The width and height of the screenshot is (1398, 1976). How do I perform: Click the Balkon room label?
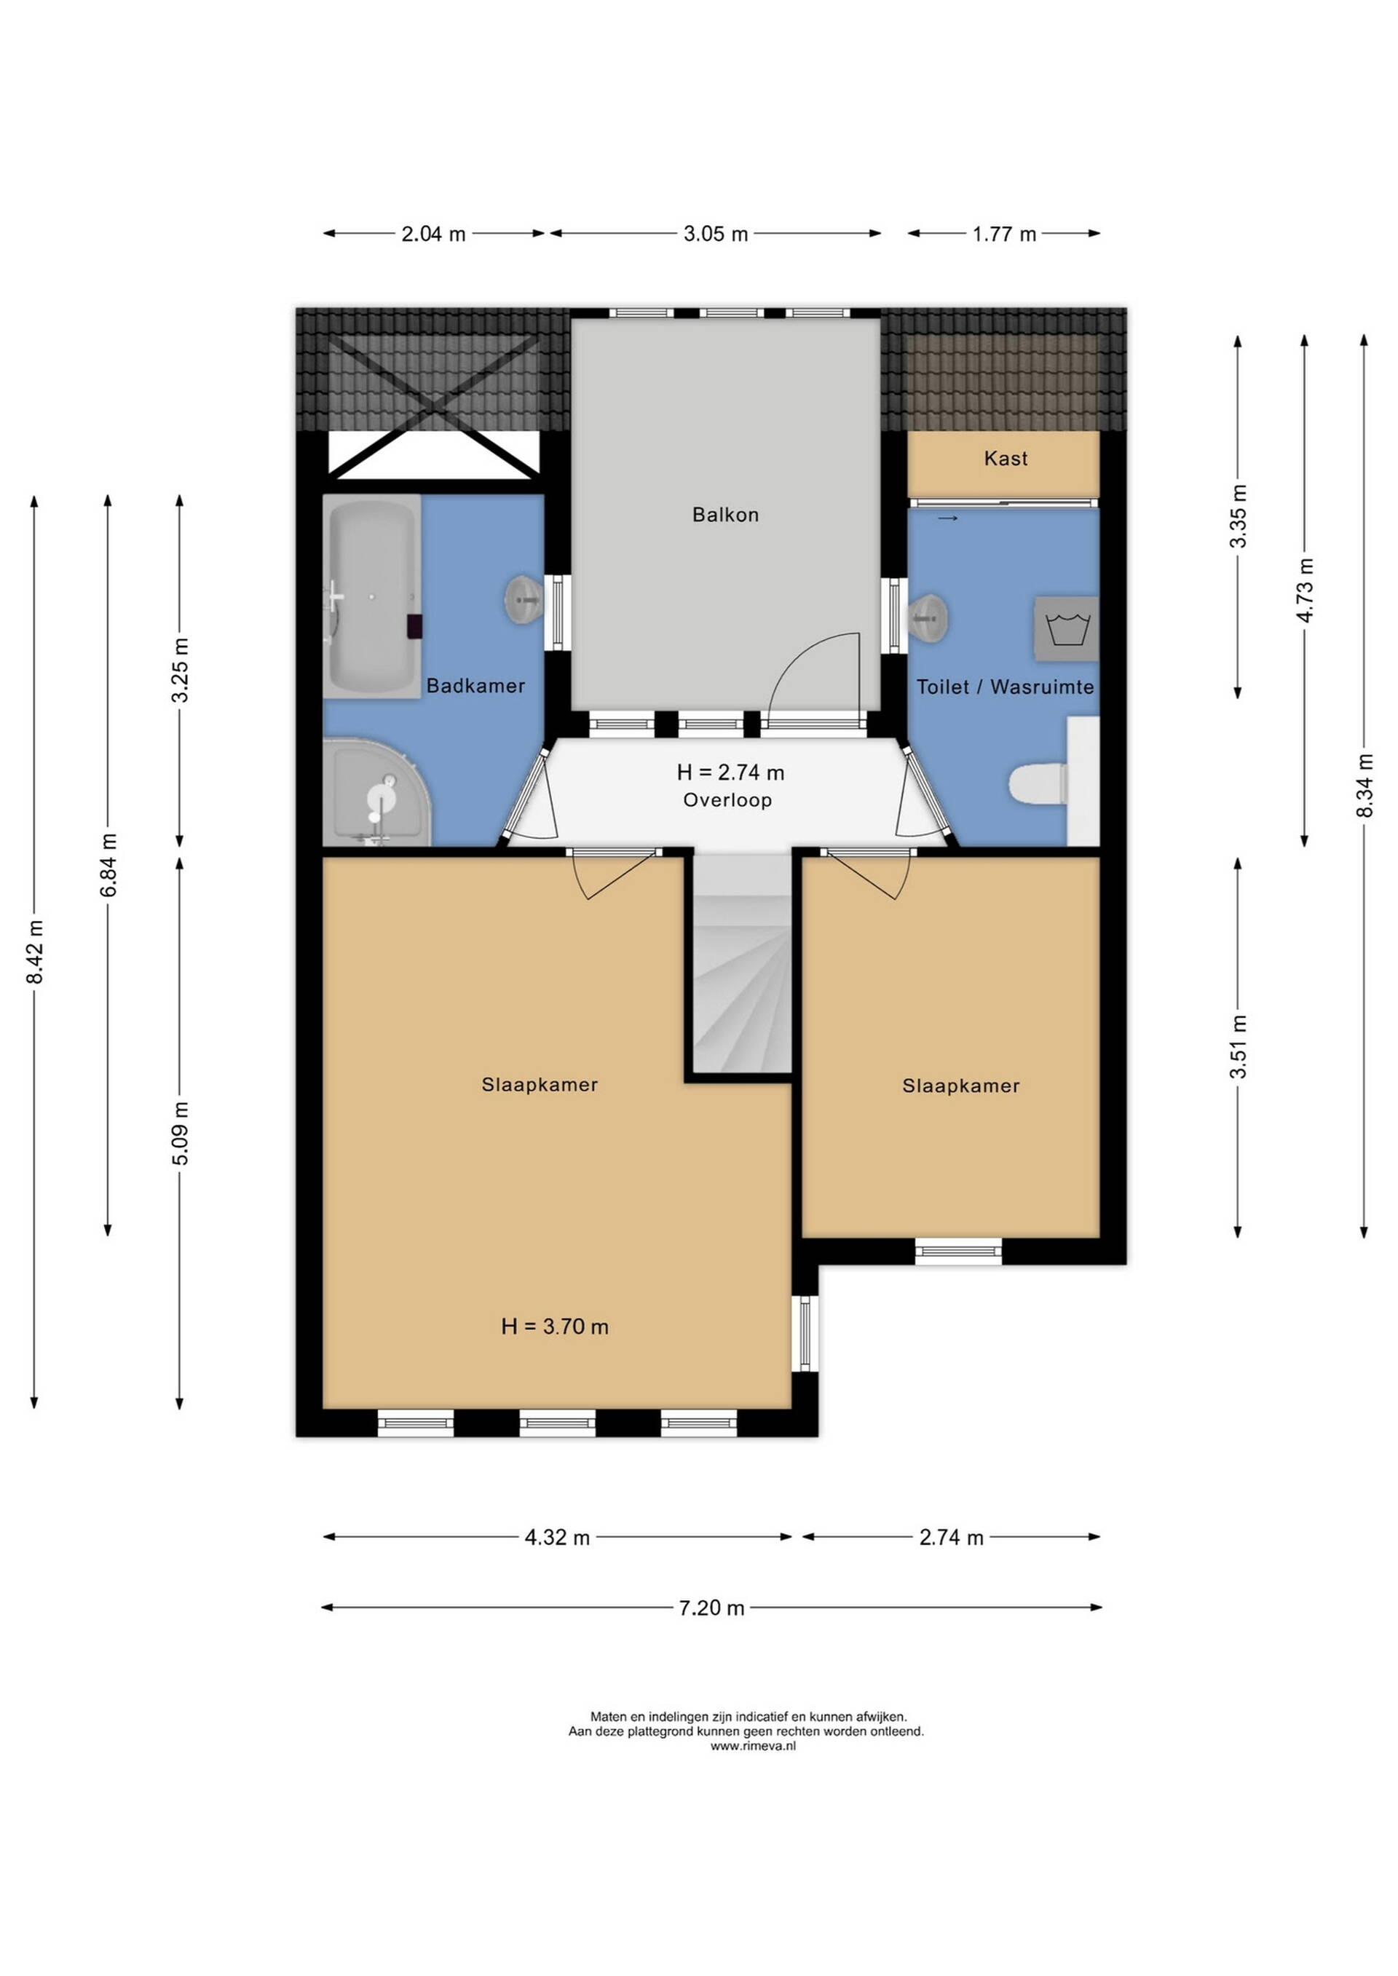click(726, 515)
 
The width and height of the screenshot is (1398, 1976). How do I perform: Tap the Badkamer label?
click(476, 686)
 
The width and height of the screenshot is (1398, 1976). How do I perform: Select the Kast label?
click(1006, 458)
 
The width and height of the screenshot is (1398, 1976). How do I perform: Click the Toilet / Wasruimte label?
click(1005, 687)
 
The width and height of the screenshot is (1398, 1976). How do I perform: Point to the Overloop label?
click(727, 800)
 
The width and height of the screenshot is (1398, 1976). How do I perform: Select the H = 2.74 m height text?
click(730, 772)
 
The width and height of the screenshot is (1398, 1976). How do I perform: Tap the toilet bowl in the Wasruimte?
click(1038, 784)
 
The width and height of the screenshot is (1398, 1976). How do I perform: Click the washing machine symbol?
click(1067, 628)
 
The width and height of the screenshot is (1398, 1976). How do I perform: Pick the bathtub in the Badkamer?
click(372, 596)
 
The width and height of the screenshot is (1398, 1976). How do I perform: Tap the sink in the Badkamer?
click(523, 599)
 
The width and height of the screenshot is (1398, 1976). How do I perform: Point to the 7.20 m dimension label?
click(711, 1608)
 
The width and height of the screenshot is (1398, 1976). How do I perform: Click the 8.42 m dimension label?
click(34, 952)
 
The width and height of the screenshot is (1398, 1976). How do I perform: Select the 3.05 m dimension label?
click(715, 233)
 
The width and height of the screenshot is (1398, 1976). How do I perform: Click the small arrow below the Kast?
click(948, 518)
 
